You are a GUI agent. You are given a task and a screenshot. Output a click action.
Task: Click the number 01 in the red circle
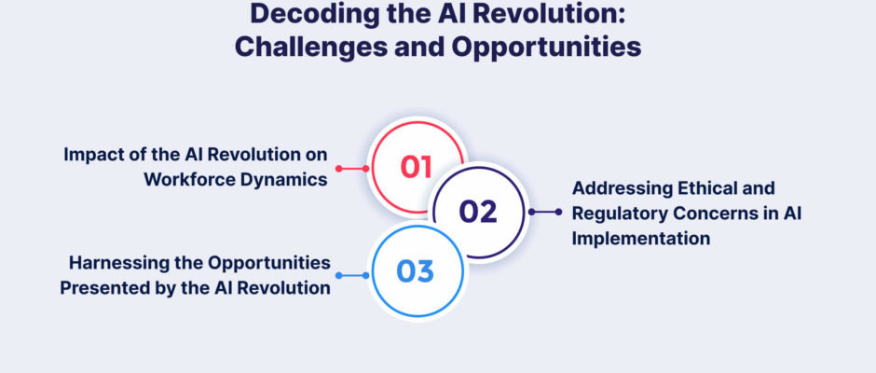pyautogui.click(x=417, y=167)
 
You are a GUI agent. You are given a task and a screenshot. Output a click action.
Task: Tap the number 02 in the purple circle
pyautogui.click(x=478, y=212)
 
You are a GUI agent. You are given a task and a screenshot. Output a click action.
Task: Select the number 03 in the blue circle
pyautogui.click(x=415, y=271)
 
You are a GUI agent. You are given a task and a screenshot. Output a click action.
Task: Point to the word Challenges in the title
pyautogui.click(x=309, y=47)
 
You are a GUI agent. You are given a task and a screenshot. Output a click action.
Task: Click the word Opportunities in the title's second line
pyautogui.click(x=546, y=48)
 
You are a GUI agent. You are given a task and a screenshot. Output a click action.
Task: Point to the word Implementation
pyautogui.click(x=641, y=239)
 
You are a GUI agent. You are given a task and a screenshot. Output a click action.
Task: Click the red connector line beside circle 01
pyautogui.click(x=352, y=169)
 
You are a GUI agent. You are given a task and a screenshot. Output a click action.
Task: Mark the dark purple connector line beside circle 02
pyautogui.click(x=545, y=212)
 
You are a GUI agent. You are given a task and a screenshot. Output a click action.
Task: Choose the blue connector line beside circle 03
pyautogui.click(x=352, y=276)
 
